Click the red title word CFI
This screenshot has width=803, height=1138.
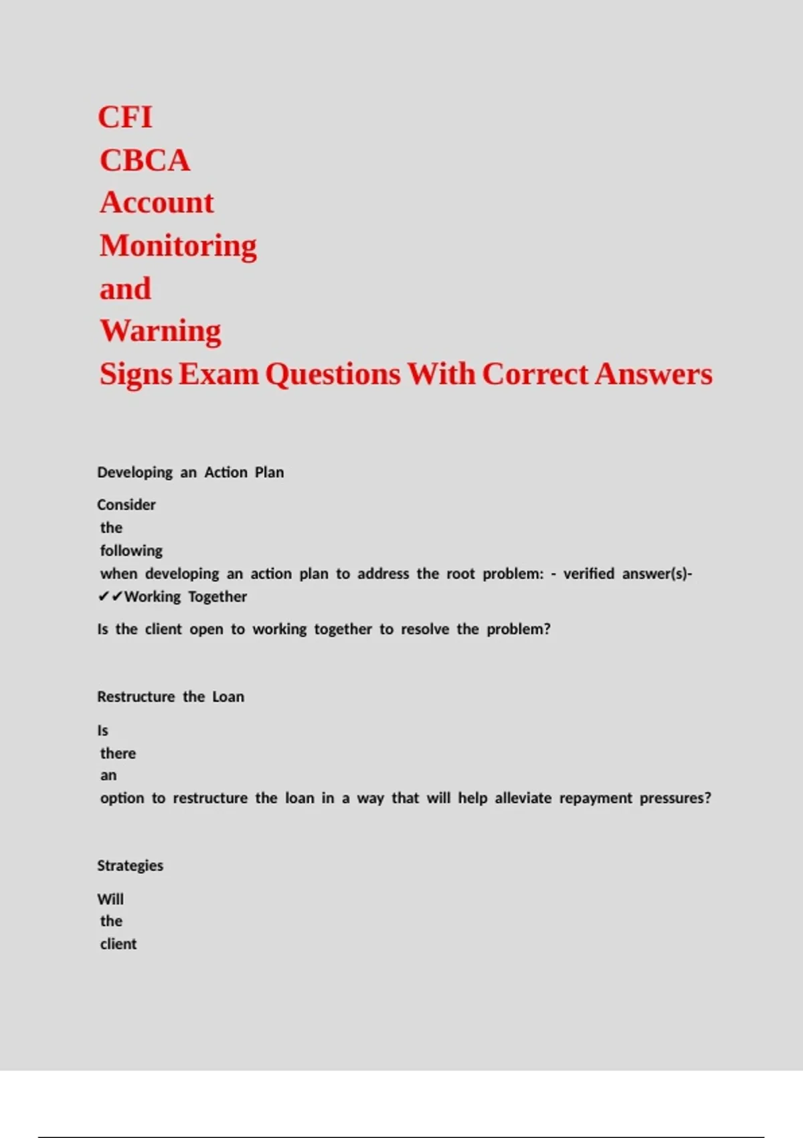(125, 117)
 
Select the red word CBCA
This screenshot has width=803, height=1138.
(145, 161)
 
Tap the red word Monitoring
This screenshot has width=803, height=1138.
(178, 246)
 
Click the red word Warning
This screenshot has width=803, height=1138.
(161, 331)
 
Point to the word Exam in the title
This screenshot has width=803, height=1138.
(218, 374)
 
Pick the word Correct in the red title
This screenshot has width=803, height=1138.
(535, 374)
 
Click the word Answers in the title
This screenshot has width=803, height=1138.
(653, 374)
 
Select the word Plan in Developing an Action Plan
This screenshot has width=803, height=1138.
(269, 473)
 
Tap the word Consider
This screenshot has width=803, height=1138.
(126, 505)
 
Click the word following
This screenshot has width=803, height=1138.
(131, 551)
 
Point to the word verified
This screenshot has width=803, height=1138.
(588, 574)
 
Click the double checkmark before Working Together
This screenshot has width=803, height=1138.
(110, 596)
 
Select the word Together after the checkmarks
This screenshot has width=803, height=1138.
(217, 596)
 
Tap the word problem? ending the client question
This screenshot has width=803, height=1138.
(518, 629)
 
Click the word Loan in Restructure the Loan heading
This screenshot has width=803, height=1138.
(228, 697)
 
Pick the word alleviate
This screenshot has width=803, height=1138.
(523, 798)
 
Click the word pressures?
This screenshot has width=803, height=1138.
(675, 798)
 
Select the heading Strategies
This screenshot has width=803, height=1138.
(130, 866)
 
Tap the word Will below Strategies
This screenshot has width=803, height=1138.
(110, 899)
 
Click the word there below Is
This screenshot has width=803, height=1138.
(118, 753)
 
